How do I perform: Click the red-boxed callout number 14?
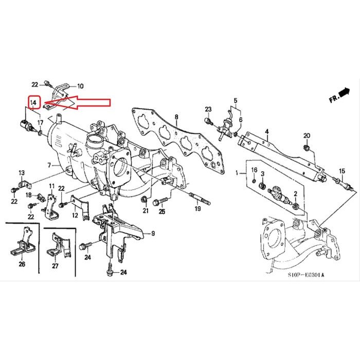click(x=34, y=103)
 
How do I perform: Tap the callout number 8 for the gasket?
click(x=176, y=118)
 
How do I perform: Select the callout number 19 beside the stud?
click(x=197, y=209)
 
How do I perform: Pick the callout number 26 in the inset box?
click(x=22, y=265)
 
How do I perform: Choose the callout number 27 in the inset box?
click(x=55, y=266)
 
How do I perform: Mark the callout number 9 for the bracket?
click(x=152, y=233)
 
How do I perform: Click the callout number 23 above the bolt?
click(x=208, y=109)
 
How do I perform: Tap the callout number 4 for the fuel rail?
click(x=266, y=132)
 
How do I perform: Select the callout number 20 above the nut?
click(x=307, y=135)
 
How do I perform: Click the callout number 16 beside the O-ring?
click(x=254, y=170)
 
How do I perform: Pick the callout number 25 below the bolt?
click(x=161, y=211)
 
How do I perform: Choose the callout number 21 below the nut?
click(x=145, y=211)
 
